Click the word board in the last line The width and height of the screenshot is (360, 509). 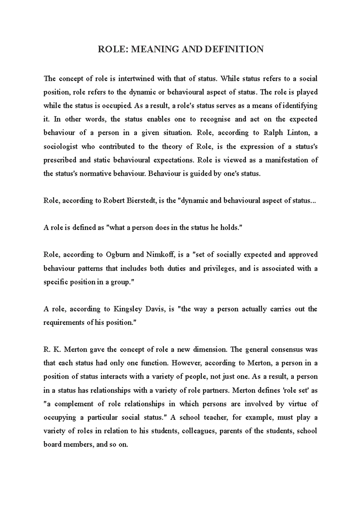click(52, 445)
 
